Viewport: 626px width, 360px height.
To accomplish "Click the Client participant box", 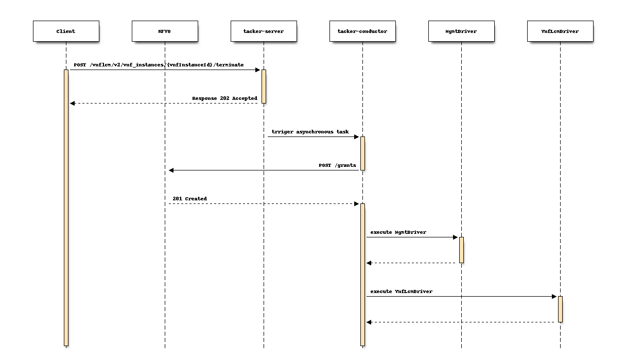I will click(65, 31).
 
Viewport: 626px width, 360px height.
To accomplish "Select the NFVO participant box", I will click(165, 31).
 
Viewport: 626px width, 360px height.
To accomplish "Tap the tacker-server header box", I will click(264, 31).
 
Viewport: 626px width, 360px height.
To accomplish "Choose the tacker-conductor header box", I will click(362, 31).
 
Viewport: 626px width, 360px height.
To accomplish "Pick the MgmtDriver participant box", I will click(461, 31).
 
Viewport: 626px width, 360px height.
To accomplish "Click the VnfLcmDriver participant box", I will click(560, 31).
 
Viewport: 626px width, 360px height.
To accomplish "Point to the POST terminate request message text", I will click(159, 65).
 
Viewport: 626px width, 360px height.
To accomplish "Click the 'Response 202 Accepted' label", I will click(224, 98).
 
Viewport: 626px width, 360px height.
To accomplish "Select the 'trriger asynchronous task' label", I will click(310, 132).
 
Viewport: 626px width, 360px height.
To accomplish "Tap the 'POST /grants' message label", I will click(337, 165).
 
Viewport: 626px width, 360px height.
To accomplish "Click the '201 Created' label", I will click(189, 199).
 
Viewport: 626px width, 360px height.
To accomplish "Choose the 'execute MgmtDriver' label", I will click(398, 232).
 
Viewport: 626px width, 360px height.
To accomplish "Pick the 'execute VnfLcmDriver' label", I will click(401, 292).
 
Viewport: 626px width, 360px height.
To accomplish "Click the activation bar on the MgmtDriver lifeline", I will click(461, 250).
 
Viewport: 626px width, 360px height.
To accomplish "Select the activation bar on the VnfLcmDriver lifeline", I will click(560, 309).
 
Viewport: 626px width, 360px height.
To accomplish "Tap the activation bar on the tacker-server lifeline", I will click(264, 87).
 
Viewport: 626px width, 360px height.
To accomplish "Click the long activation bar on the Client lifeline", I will click(66, 206).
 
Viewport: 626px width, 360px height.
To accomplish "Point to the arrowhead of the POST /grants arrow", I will click(171, 170).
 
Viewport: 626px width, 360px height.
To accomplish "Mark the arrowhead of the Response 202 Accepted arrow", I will click(73, 103).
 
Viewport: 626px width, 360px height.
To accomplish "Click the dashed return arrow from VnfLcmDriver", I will click(463, 322).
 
